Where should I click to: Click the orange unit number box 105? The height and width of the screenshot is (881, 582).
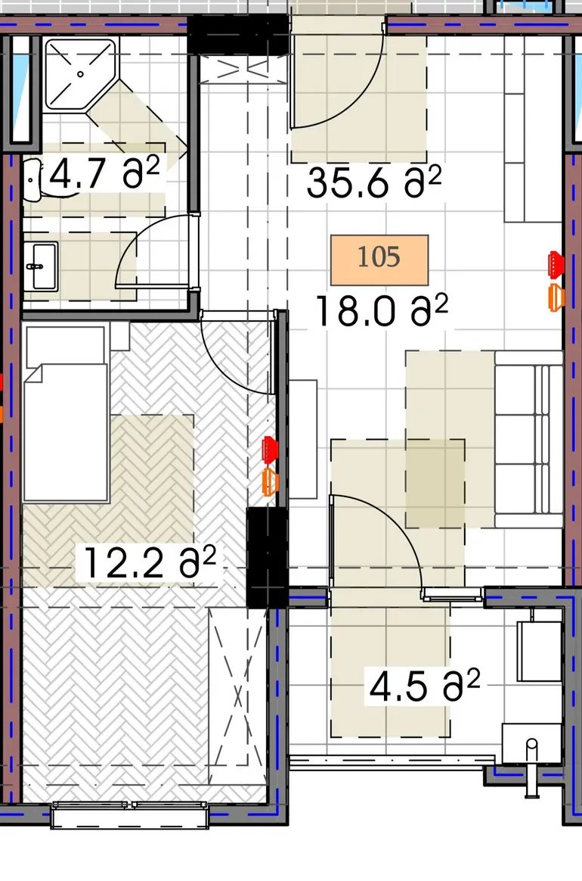click(x=379, y=260)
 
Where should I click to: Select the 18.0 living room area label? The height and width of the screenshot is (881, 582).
click(x=382, y=311)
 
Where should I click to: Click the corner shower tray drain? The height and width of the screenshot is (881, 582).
click(x=81, y=73)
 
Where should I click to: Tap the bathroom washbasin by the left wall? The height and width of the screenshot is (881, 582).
click(x=40, y=266)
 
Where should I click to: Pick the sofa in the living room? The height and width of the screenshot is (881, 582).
click(x=528, y=439)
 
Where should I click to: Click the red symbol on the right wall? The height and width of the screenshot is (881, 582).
click(x=556, y=264)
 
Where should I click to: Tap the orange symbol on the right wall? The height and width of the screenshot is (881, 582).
click(x=556, y=297)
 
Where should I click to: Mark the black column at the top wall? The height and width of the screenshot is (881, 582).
click(x=239, y=34)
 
